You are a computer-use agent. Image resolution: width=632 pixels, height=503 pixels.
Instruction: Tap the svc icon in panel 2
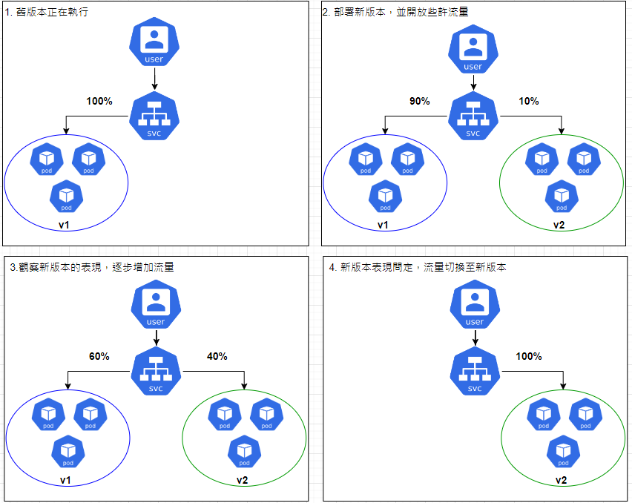coord(473,116)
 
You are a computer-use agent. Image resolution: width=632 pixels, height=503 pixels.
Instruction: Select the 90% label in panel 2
coord(419,101)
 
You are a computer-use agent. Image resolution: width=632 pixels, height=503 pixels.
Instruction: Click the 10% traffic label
coord(529,101)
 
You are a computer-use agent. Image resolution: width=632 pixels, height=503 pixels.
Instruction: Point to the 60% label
coord(99,356)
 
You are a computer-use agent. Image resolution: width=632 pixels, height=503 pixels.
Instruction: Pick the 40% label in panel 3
coord(217,356)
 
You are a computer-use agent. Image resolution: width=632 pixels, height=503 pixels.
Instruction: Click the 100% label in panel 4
coord(529,356)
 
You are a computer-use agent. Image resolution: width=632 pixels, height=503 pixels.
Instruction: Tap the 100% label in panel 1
coord(99,101)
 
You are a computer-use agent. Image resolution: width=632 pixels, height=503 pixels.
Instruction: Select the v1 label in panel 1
coord(66,225)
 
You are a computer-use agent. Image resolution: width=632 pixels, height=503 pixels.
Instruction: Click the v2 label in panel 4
coord(562,481)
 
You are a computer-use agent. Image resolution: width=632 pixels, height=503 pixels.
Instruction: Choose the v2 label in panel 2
coord(560,225)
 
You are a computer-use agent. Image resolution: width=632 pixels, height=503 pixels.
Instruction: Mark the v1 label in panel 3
coord(66,481)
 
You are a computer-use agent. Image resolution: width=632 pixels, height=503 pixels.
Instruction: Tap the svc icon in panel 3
coord(156,372)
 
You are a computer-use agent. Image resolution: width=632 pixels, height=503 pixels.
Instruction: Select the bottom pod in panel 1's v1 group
coord(66,196)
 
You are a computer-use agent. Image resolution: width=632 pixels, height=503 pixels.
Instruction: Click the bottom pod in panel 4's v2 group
coord(563,451)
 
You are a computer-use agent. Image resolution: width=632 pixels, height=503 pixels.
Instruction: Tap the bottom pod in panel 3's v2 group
coord(244,451)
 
